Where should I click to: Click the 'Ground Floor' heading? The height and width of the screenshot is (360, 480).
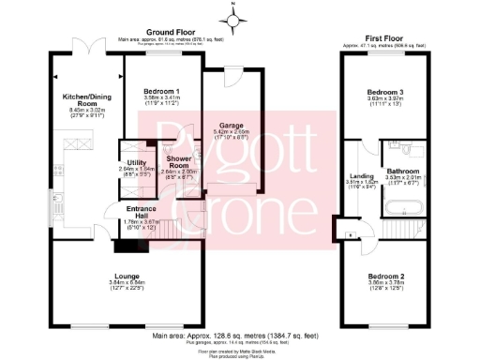159,31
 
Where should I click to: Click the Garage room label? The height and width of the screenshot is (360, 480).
231,125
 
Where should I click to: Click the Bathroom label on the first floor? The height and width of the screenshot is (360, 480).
404,172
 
